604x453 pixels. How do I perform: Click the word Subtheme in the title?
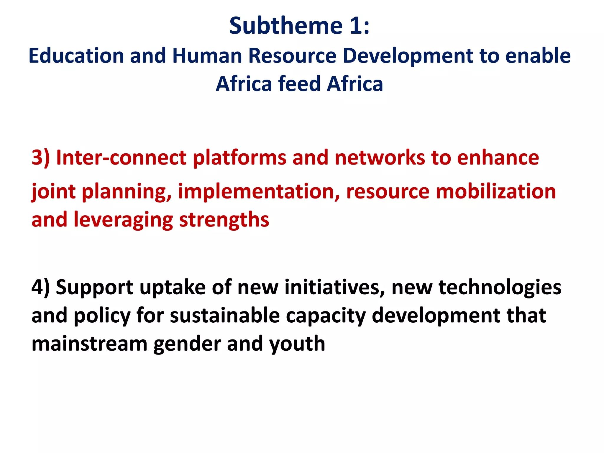tap(285, 26)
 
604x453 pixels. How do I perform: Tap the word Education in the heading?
tap(76, 56)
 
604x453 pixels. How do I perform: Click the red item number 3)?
tap(41, 158)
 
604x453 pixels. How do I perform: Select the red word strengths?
tap(224, 220)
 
